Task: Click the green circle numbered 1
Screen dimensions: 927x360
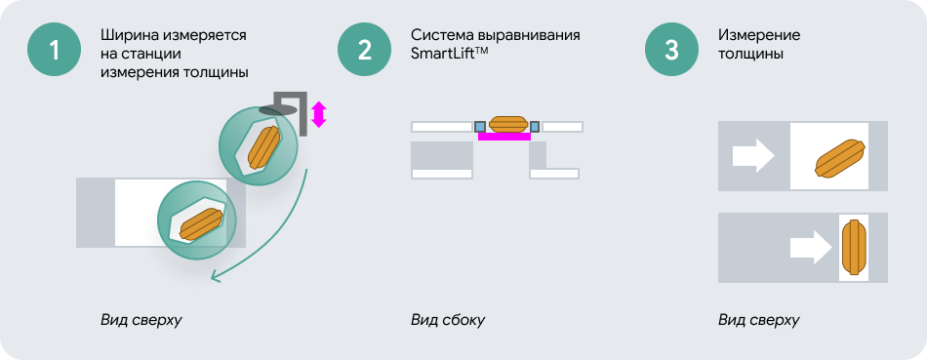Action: [x=54, y=50]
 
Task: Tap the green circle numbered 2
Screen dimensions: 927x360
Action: [x=364, y=50]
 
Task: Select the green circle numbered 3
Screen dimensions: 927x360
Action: [x=671, y=50]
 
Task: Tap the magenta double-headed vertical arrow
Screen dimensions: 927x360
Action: [x=319, y=114]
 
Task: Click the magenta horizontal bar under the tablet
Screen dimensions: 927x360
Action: [x=504, y=137]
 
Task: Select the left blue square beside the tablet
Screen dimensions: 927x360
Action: [x=480, y=127]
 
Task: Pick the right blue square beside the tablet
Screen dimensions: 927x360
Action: [x=535, y=127]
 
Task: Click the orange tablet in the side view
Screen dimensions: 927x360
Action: [x=507, y=124]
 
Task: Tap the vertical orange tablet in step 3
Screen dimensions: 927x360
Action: [x=854, y=247]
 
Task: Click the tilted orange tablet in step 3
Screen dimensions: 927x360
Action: [x=840, y=158]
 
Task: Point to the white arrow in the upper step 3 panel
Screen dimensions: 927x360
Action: [x=753, y=157]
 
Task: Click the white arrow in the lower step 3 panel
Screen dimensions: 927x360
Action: [x=811, y=247]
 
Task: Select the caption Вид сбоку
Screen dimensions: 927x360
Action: [x=448, y=320]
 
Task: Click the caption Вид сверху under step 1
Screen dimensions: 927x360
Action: [x=141, y=320]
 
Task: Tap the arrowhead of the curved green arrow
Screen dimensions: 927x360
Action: [x=216, y=276]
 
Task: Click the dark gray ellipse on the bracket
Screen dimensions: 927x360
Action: [x=278, y=110]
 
